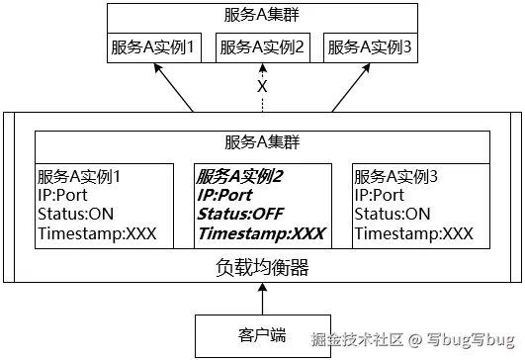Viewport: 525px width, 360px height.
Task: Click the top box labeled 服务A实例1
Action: (156, 47)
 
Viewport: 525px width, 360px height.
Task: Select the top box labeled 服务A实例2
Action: (262, 47)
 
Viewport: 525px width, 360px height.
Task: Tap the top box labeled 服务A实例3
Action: (369, 47)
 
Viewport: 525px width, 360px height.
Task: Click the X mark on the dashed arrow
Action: (262, 87)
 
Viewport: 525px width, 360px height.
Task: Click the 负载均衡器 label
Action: (262, 267)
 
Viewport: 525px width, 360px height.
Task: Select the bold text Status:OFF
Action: (240, 215)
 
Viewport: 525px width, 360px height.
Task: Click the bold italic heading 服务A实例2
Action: (240, 177)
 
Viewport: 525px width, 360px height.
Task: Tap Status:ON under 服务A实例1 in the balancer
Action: (75, 215)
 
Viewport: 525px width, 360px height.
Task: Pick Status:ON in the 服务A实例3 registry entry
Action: (393, 215)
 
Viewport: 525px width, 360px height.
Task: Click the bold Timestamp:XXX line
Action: (261, 234)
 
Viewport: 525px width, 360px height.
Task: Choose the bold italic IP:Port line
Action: (224, 196)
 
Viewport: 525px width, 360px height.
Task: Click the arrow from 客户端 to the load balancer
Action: (262, 298)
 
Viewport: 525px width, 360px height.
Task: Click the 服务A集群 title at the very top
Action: (262, 16)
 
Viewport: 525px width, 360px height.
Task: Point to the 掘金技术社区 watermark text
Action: (357, 341)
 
